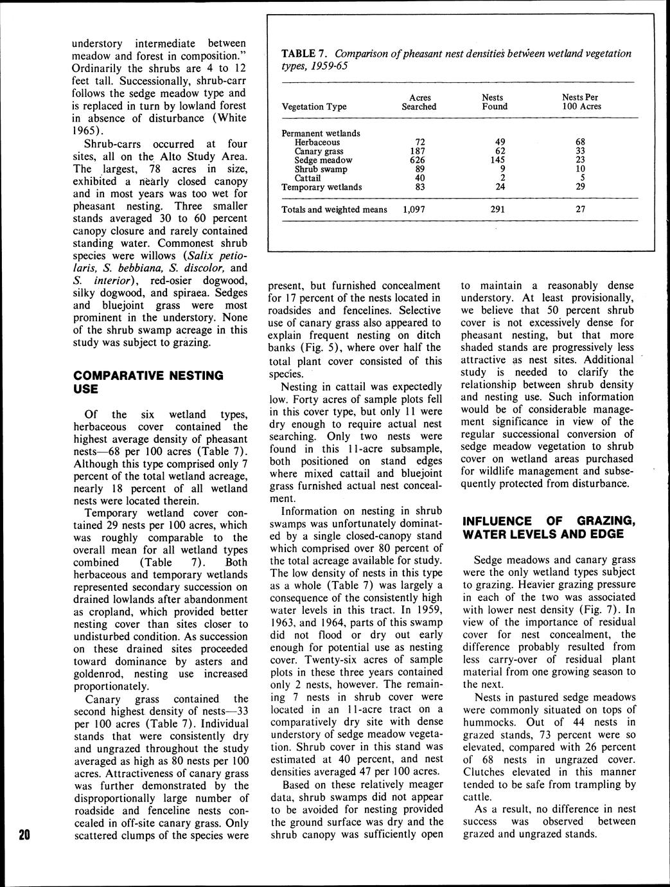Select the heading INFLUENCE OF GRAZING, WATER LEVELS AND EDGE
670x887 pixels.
549,527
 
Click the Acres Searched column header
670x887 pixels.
419,102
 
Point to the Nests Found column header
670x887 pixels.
494,102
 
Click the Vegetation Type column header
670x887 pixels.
314,107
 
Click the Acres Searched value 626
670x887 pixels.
419,160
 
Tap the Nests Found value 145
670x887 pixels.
494,160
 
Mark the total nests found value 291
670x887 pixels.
494,210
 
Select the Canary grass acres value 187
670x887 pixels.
419,151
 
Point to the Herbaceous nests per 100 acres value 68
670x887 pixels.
580,142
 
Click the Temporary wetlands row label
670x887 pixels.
322,187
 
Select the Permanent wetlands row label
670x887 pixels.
321,133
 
